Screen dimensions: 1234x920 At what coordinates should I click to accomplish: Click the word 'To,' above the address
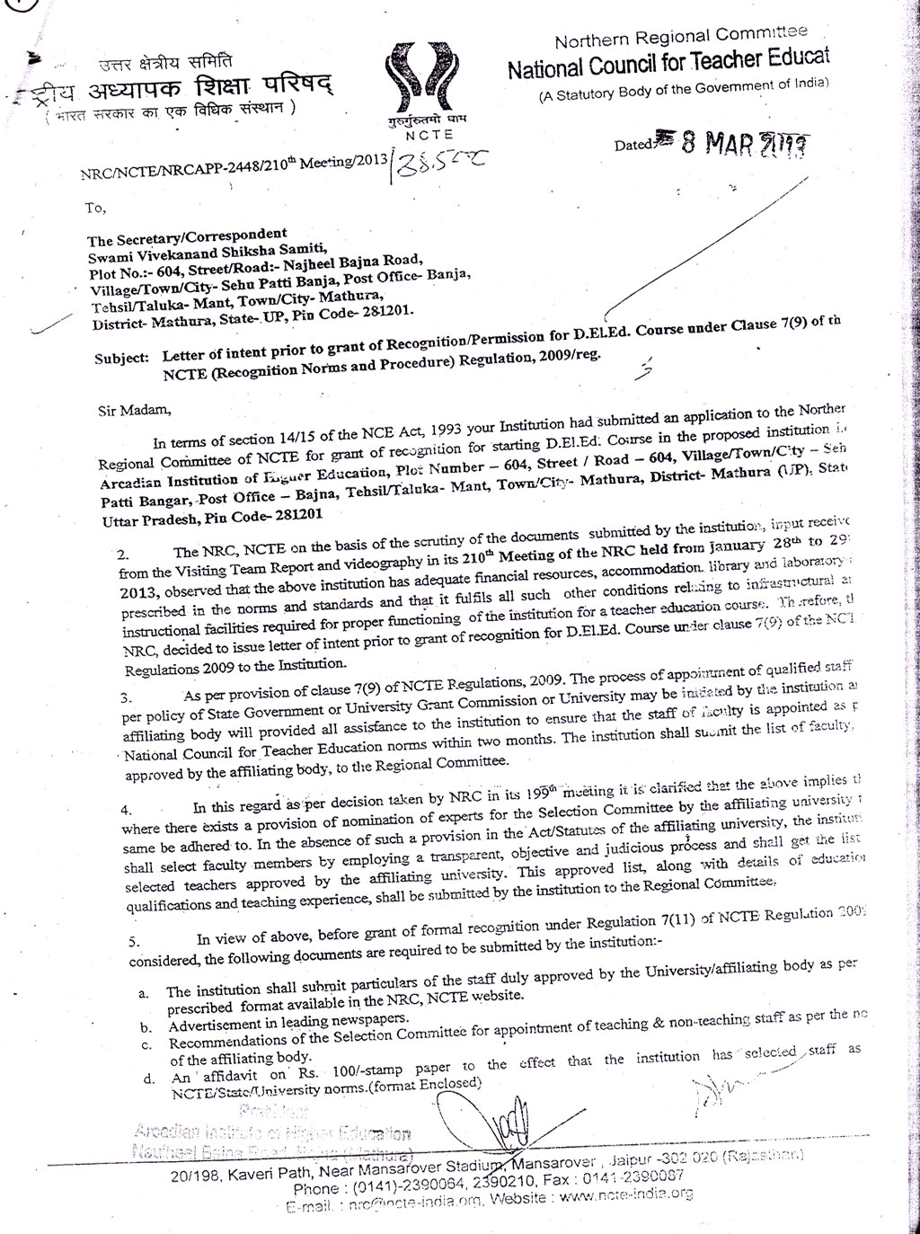click(95, 208)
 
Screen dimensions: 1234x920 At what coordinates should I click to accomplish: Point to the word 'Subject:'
click(121, 358)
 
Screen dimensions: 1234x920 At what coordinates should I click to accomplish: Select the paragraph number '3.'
click(127, 697)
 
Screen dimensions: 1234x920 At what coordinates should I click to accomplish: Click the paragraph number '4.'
click(127, 809)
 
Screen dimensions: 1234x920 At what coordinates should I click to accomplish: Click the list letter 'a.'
click(144, 992)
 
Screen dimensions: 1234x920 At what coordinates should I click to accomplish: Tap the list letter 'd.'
click(144, 1078)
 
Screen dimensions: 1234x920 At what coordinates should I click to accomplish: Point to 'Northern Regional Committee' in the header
click(680, 39)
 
